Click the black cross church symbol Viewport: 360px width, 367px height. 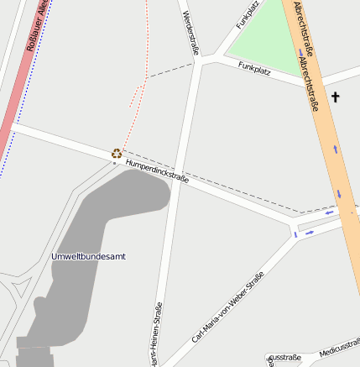(x=336, y=97)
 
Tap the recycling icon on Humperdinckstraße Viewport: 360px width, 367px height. (x=117, y=153)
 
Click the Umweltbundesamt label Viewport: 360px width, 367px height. (x=88, y=256)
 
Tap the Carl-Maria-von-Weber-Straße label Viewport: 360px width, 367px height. (x=228, y=307)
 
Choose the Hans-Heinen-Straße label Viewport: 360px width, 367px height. (x=157, y=336)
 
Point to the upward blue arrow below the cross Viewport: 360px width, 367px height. (x=336, y=149)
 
